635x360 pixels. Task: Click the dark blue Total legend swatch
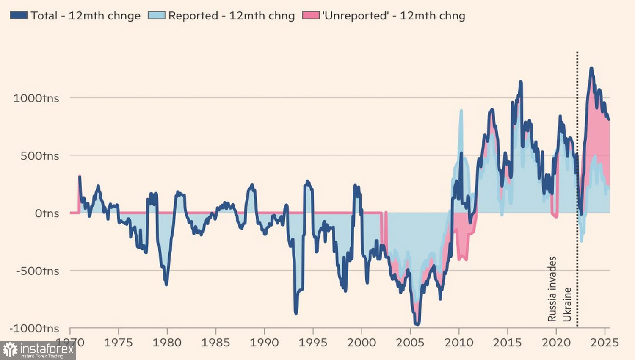(x=19, y=16)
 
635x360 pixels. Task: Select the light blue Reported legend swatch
(x=156, y=16)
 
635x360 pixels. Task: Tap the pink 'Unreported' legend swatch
(x=310, y=16)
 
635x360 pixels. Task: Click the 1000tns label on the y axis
(x=36, y=98)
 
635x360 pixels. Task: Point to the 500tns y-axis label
(x=40, y=156)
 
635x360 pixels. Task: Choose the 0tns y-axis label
(x=47, y=213)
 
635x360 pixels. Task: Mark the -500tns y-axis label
(x=37, y=271)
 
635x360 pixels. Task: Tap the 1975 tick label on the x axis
(x=118, y=342)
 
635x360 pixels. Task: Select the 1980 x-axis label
(x=167, y=342)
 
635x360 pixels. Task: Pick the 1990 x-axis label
(x=264, y=342)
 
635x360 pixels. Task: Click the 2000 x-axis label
(x=362, y=342)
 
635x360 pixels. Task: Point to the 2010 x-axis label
(x=459, y=342)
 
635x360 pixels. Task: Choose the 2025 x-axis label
(x=605, y=342)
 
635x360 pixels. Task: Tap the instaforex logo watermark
(x=38, y=350)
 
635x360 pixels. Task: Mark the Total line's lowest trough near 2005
(x=417, y=324)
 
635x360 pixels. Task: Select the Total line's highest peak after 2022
(x=591, y=69)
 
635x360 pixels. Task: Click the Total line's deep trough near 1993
(x=295, y=313)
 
